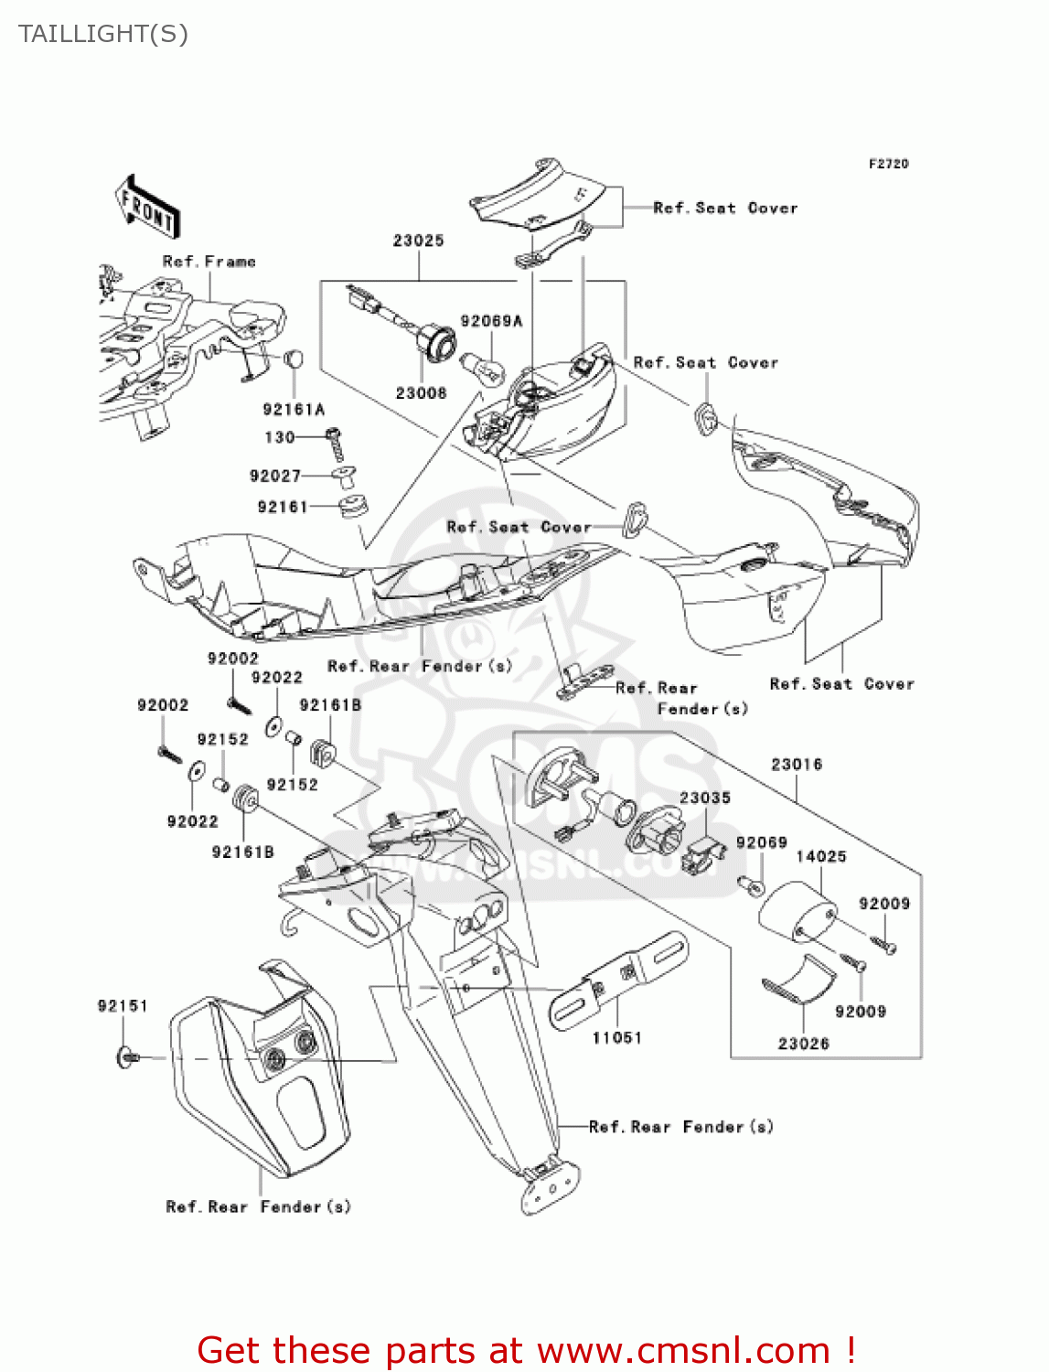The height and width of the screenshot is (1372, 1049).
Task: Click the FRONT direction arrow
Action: [146, 208]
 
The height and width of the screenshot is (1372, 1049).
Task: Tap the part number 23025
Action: [418, 241]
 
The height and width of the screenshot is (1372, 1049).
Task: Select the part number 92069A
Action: [491, 321]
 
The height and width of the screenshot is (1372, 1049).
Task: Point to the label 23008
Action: [421, 393]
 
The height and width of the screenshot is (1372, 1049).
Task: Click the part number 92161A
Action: [293, 410]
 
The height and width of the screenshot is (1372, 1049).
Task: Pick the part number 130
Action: [279, 437]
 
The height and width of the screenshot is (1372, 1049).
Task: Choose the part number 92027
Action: [274, 476]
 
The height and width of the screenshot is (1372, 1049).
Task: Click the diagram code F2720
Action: [888, 164]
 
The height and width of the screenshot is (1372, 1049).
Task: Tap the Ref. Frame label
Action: [209, 262]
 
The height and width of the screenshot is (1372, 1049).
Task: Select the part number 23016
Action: [796, 764]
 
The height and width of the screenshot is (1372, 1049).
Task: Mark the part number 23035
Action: [704, 798]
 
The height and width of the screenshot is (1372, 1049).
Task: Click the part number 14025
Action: [820, 856]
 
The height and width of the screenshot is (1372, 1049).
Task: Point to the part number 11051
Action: [616, 1037]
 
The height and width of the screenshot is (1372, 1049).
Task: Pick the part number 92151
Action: [123, 1006]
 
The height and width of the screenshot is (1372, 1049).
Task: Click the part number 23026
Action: [803, 1044]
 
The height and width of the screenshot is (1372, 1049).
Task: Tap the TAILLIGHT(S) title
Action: [103, 34]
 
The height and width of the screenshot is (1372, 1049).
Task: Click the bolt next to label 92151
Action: [126, 1057]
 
